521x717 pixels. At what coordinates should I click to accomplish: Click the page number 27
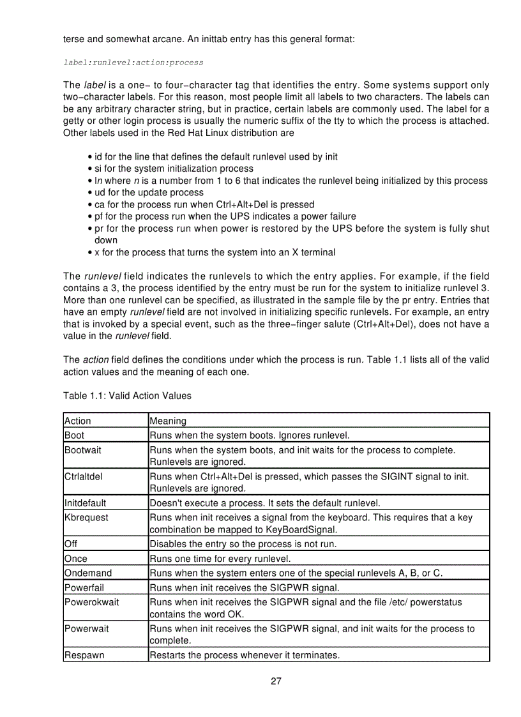click(276, 681)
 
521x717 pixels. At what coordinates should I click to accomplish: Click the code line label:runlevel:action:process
click(133, 63)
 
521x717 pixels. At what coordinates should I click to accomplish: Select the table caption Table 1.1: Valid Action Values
click(127, 396)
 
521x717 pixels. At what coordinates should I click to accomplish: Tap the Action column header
click(78, 421)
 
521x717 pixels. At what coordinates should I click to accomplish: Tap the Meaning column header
click(168, 421)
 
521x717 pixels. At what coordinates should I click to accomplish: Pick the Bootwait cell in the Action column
click(83, 450)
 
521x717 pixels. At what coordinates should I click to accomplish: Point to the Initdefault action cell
click(86, 503)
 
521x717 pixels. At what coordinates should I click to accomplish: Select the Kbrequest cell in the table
click(86, 517)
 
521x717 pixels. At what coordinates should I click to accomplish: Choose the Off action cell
click(71, 545)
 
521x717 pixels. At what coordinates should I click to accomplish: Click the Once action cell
click(76, 559)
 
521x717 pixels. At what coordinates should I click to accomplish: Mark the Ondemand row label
click(88, 573)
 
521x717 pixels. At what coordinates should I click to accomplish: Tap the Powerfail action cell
click(84, 587)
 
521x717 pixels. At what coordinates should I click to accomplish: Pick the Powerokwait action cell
click(92, 602)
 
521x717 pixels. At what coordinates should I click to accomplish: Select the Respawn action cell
click(84, 655)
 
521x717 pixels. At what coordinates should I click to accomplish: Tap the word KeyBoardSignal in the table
click(299, 530)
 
